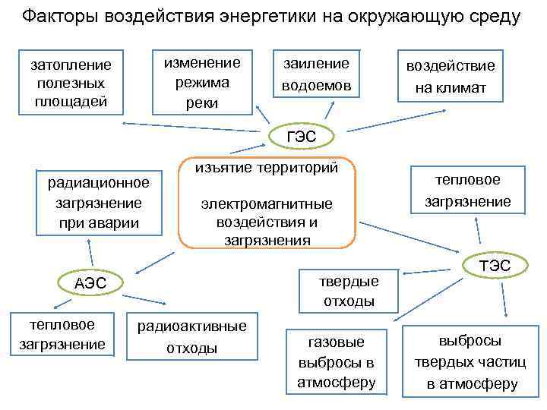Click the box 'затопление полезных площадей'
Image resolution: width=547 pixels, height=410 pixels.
click(x=70, y=83)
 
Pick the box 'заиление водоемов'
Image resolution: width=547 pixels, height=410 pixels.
click(x=316, y=74)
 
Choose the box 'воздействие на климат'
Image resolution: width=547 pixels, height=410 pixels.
click(x=450, y=76)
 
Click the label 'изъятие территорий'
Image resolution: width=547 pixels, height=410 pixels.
click(x=266, y=167)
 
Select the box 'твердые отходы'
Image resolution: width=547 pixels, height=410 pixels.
click(x=349, y=291)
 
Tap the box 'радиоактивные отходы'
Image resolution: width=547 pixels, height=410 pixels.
click(x=191, y=337)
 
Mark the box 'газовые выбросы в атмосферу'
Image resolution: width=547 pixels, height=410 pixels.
click(x=335, y=361)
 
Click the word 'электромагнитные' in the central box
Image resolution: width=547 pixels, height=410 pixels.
click(x=267, y=204)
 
